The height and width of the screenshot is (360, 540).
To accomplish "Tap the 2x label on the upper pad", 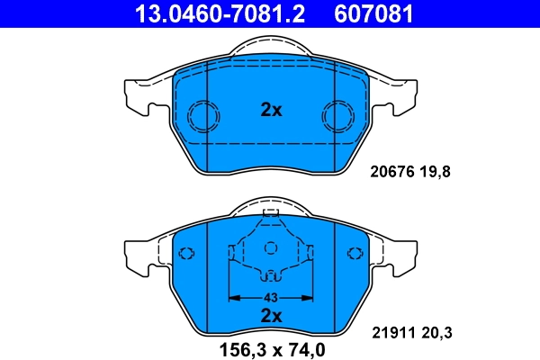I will tap(271, 111).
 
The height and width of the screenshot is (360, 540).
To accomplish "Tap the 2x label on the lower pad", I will tap(271, 315).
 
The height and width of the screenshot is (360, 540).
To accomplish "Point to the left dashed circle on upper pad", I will tap(202, 115).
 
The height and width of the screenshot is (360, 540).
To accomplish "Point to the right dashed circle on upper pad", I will tap(339, 115).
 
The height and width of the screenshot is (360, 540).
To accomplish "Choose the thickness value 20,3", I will tap(436, 334).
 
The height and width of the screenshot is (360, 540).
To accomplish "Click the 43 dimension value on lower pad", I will tap(270, 297).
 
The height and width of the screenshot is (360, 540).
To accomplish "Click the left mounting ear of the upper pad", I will tap(135, 94).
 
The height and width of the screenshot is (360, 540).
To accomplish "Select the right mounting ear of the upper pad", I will tap(406, 94).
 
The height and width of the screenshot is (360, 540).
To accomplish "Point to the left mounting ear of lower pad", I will tap(135, 254).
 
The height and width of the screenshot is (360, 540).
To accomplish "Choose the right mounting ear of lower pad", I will tap(406, 254).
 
